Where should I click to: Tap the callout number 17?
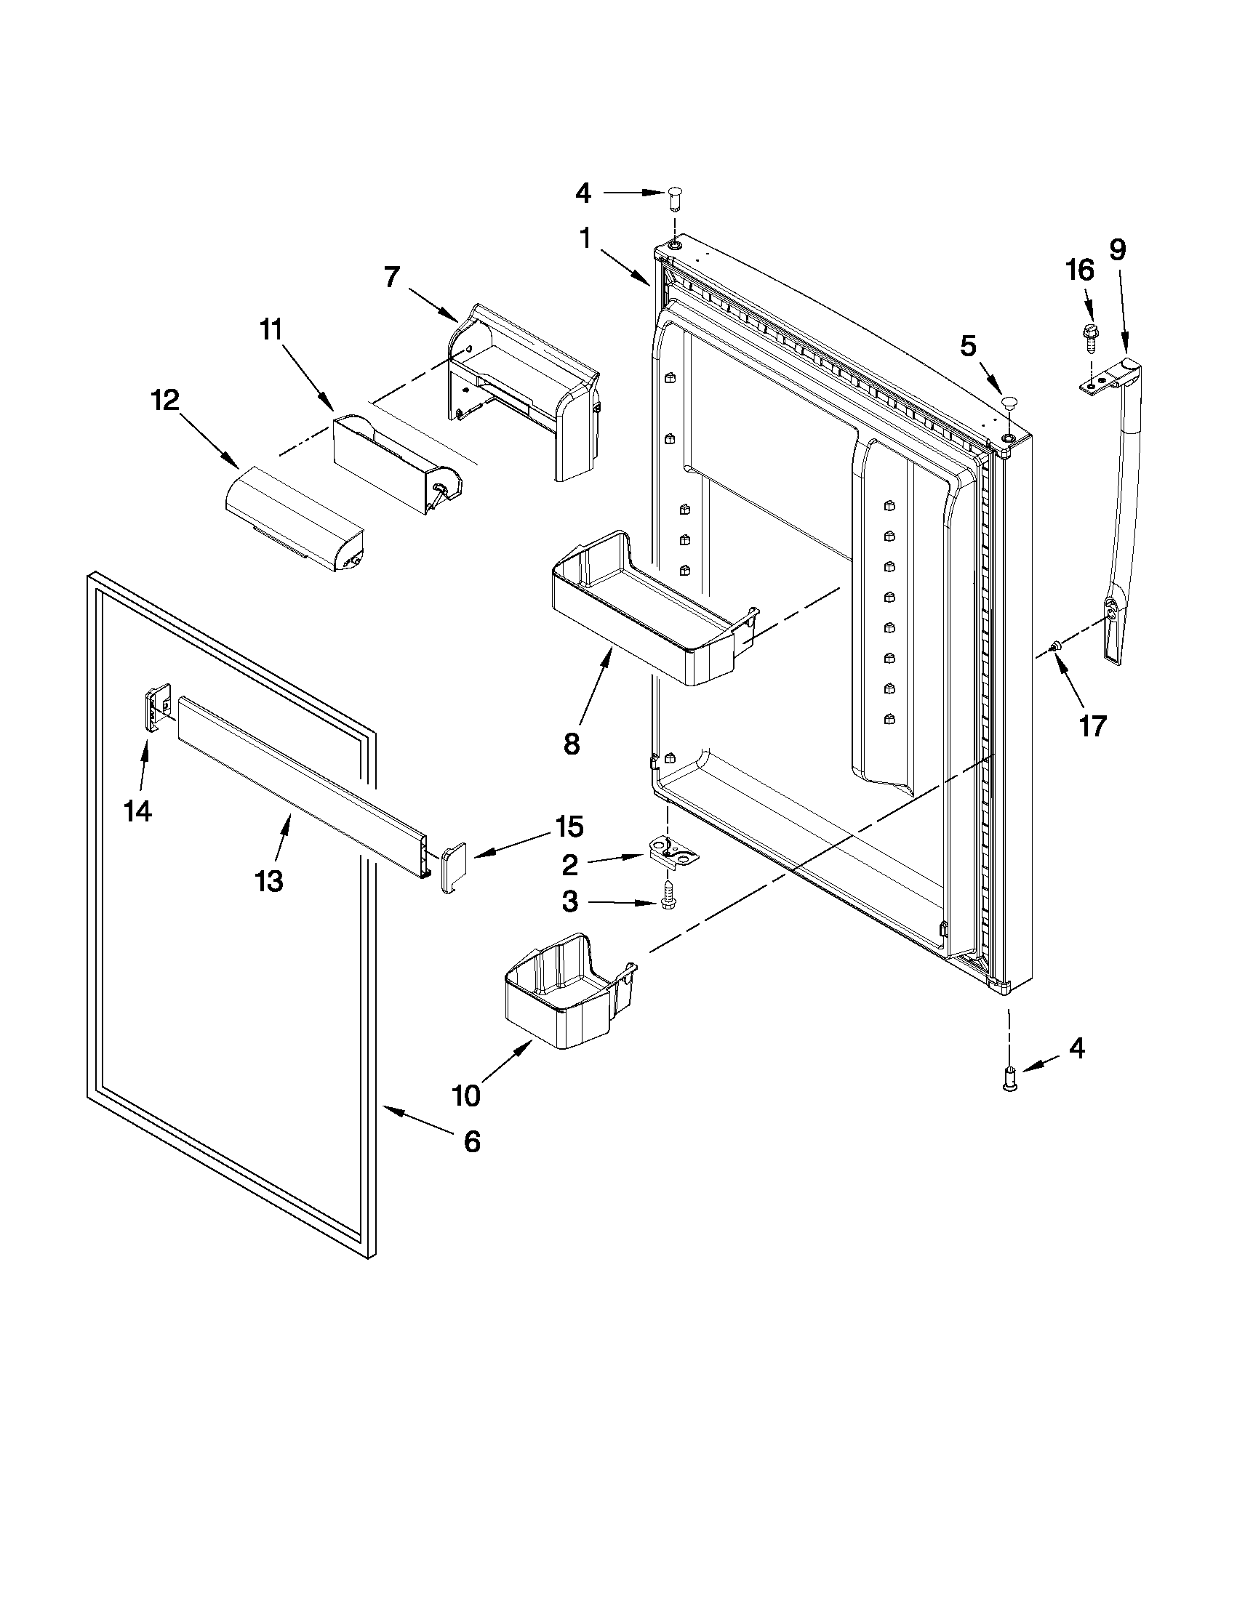tap(1092, 726)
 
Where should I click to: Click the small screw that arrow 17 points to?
tap(1056, 646)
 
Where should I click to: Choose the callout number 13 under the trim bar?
tap(269, 880)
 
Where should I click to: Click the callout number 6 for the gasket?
tap(472, 1141)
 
